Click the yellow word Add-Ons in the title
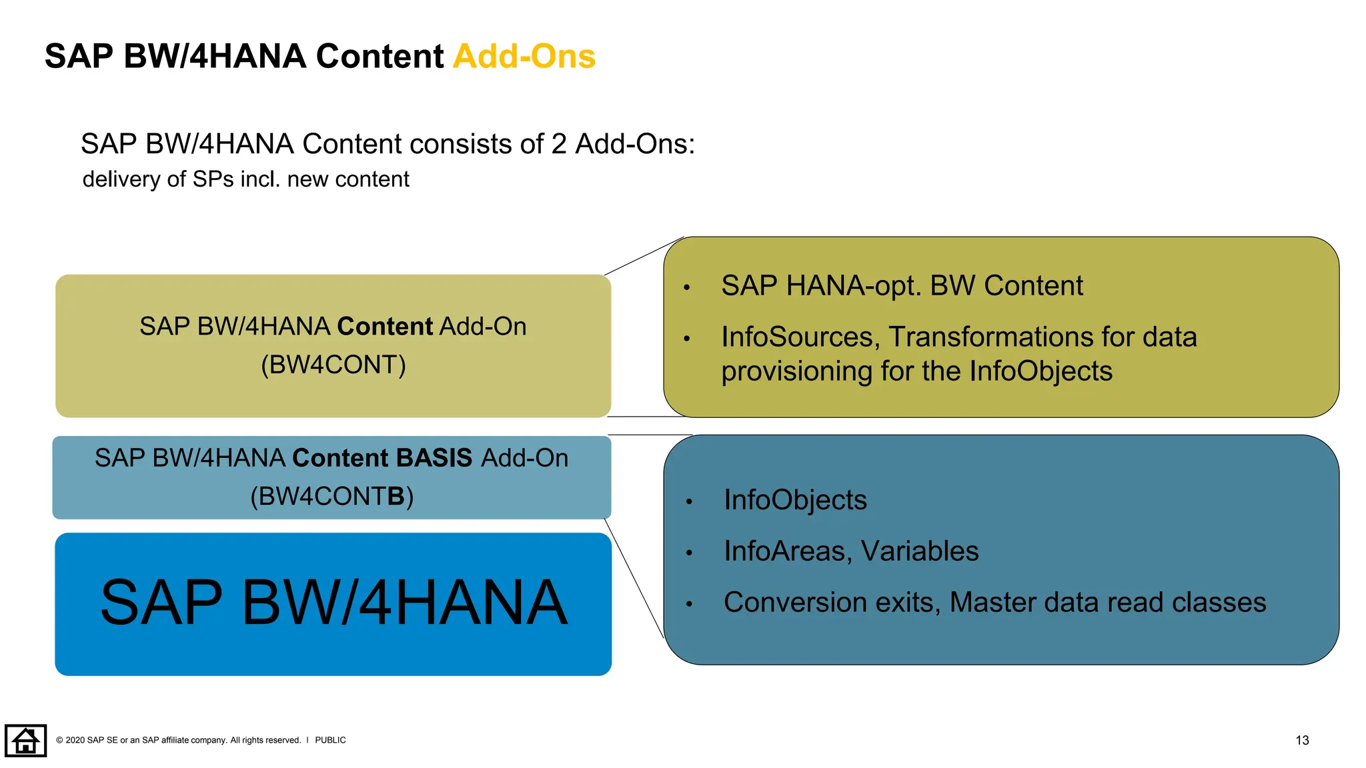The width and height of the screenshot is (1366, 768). click(x=524, y=56)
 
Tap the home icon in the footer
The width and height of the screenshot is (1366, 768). click(x=25, y=740)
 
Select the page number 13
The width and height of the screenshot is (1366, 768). click(x=1301, y=740)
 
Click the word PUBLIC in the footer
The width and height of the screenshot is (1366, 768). click(x=330, y=740)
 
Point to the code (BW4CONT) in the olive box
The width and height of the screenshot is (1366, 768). click(x=333, y=365)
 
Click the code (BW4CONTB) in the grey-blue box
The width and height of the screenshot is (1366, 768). click(x=331, y=496)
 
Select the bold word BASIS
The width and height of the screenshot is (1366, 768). click(x=434, y=458)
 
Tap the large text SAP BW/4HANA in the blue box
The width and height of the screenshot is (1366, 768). click(x=333, y=603)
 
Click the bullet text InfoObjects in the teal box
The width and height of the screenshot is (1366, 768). click(x=795, y=500)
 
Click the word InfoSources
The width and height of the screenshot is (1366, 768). click(x=796, y=337)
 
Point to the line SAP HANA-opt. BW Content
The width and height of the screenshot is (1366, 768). click(x=902, y=286)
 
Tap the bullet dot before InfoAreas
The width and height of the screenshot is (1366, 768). click(x=689, y=553)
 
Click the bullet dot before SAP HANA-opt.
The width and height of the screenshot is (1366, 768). click(x=686, y=288)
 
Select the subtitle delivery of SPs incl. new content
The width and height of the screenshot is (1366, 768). click(x=245, y=179)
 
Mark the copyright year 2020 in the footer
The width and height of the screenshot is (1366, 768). click(x=75, y=740)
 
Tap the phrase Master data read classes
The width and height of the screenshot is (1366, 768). click(x=1107, y=603)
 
